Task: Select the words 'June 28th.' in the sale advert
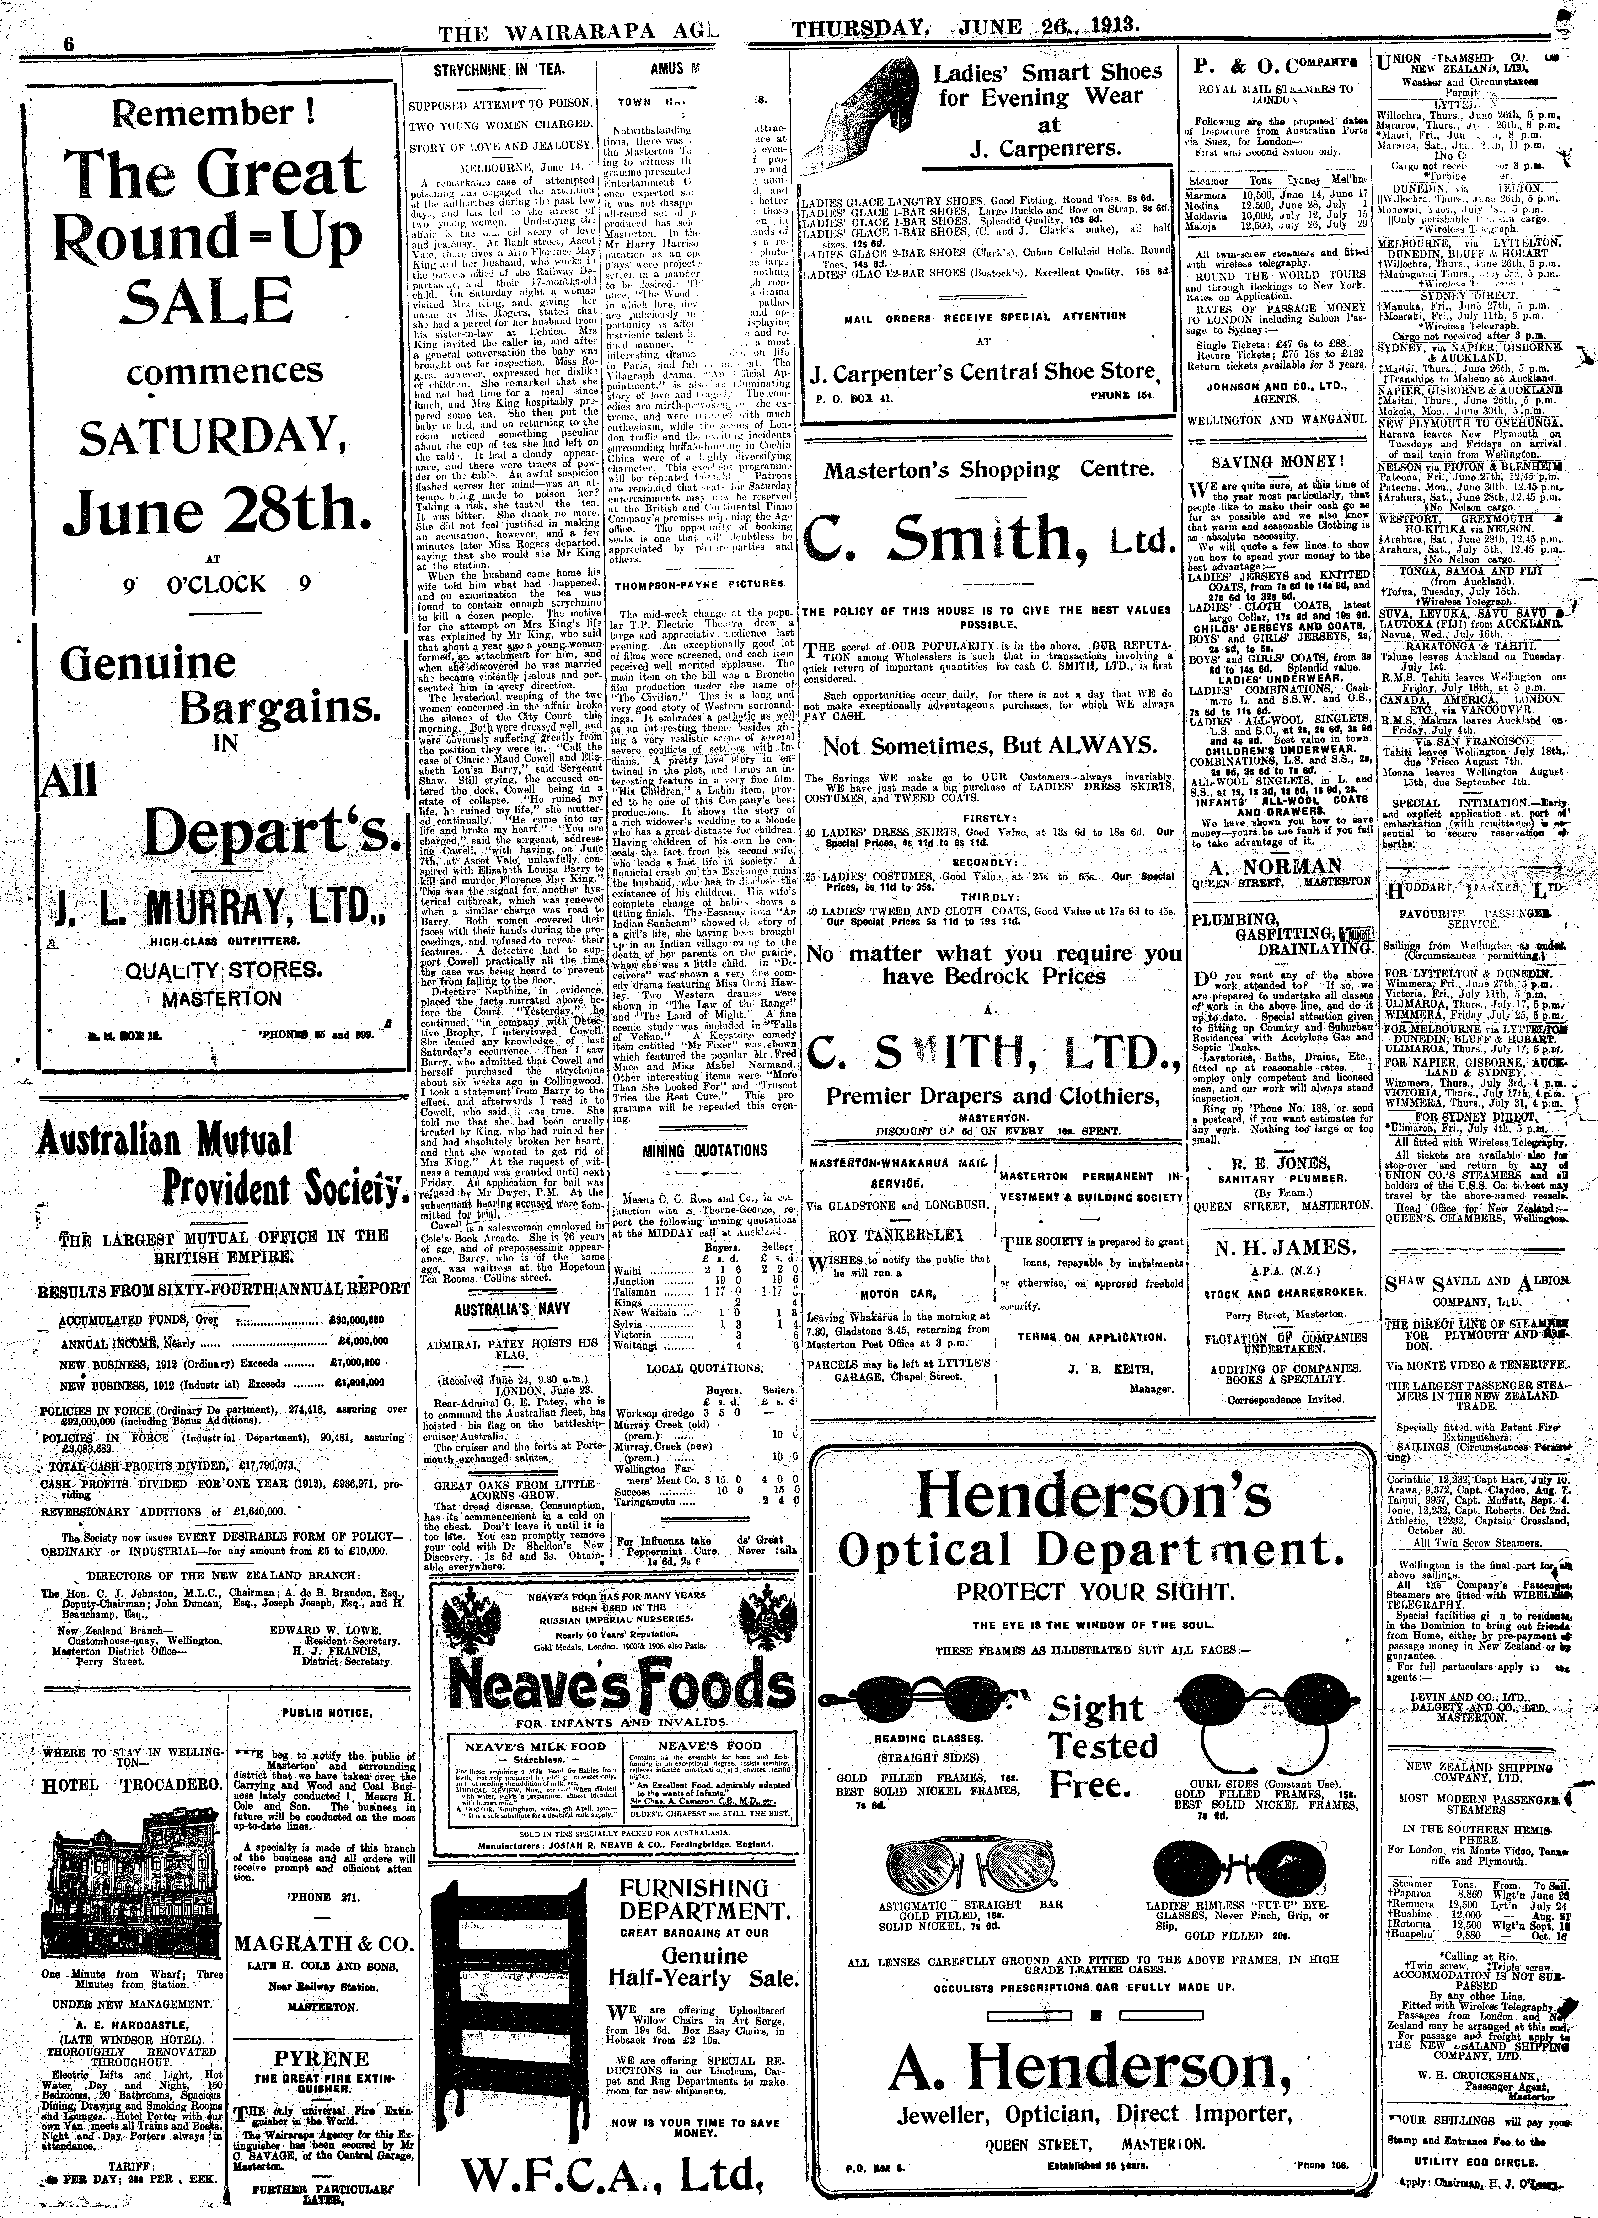[210, 510]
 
